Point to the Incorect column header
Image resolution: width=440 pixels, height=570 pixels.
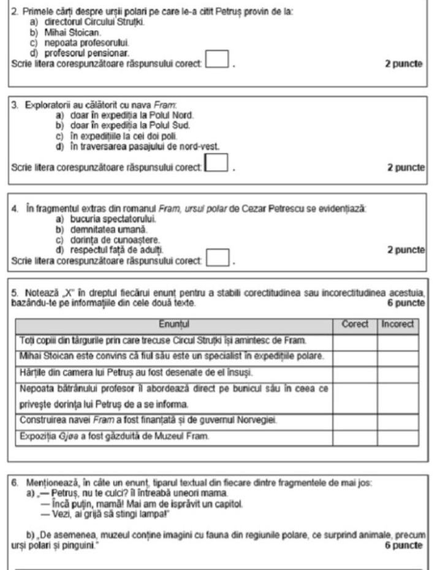[x=396, y=322]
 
